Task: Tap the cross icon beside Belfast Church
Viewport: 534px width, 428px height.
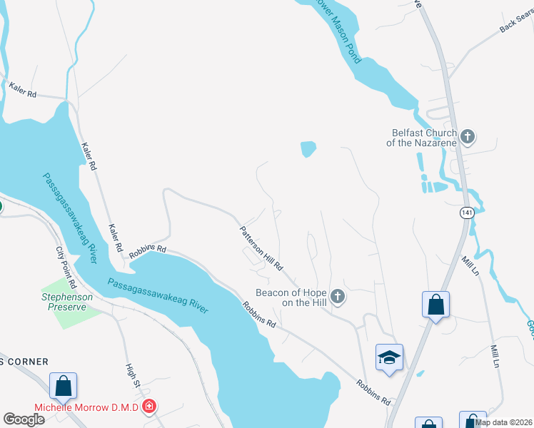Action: click(468, 136)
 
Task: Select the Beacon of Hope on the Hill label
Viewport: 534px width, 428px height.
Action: click(291, 297)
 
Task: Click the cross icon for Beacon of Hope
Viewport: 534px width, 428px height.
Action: click(338, 295)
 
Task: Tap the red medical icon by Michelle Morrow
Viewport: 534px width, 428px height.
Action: click(149, 407)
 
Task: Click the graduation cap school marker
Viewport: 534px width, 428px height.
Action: click(389, 357)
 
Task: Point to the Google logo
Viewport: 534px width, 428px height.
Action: click(24, 419)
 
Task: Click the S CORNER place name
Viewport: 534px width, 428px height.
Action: click(24, 362)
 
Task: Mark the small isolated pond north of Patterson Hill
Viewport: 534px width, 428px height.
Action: click(308, 149)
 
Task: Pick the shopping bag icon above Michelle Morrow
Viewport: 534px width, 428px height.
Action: click(63, 386)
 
